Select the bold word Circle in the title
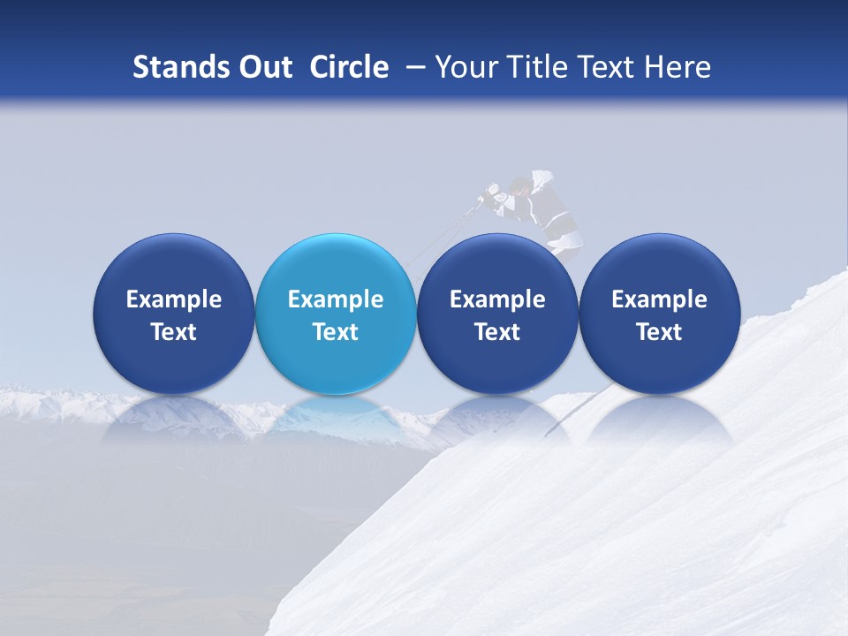[349, 67]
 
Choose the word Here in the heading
[677, 67]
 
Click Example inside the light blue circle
[336, 299]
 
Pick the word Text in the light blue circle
[336, 332]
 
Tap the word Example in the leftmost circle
[173, 299]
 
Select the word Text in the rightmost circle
[659, 332]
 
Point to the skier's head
[521, 186]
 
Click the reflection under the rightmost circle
[659, 419]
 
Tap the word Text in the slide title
[609, 67]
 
